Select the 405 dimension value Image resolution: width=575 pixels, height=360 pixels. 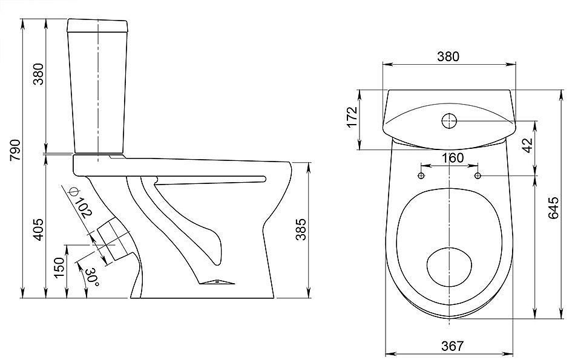tap(39, 229)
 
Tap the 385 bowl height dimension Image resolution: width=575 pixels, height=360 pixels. tap(301, 229)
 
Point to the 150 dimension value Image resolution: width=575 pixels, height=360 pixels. tap(59, 267)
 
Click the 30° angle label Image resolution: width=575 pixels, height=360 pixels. tap(91, 278)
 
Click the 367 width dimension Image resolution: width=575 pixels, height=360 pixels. tap(452, 345)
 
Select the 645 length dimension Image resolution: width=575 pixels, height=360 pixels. tap(554, 208)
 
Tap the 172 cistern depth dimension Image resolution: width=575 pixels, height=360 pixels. tap(352, 117)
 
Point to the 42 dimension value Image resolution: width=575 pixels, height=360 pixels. tap(527, 146)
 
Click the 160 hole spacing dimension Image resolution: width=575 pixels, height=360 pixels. tap(452, 158)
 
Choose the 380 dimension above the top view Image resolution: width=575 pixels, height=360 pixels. tap(448, 56)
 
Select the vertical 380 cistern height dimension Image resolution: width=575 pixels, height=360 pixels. tap(39, 74)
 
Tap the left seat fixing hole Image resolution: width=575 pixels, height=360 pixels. tap(421, 175)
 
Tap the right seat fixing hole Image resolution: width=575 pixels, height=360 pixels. tap(478, 175)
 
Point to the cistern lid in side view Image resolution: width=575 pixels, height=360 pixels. tap(97, 25)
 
